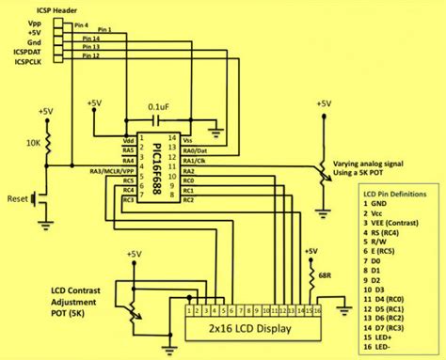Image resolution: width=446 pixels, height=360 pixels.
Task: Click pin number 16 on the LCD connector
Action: click(x=316, y=308)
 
